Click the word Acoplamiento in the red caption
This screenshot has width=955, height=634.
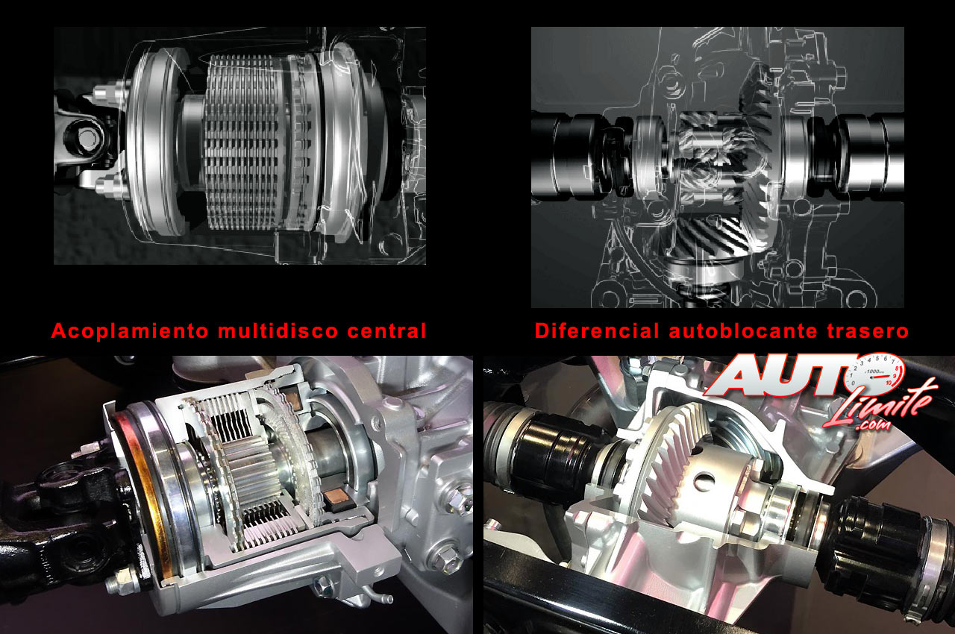coord(130,331)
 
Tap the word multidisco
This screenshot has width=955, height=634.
coord(278,330)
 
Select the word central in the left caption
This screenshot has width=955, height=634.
coord(386,330)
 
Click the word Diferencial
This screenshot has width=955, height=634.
coord(596,330)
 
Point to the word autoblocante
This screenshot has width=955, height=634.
coord(742,330)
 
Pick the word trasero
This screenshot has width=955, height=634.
coord(868,331)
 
